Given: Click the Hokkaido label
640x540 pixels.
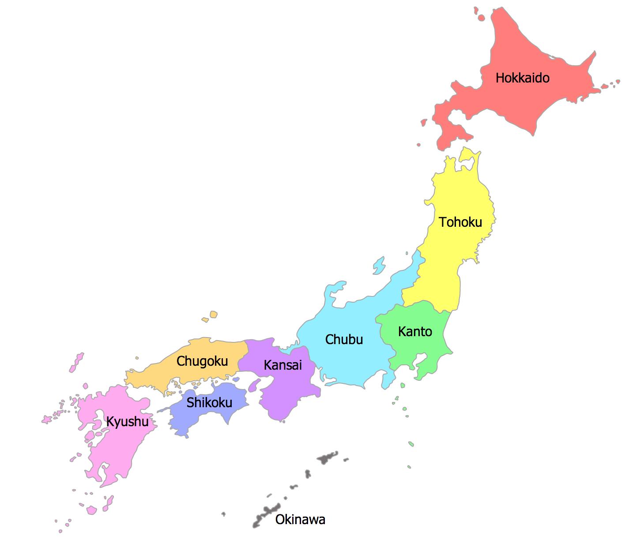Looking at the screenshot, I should [522, 78].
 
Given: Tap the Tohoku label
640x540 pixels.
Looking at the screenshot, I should [460, 222].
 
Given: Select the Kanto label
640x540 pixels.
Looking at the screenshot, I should [415, 331].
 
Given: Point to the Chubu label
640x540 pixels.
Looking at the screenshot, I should [344, 339].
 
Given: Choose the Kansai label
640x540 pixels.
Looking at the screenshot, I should [283, 365].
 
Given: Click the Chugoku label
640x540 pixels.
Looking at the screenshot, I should [202, 361].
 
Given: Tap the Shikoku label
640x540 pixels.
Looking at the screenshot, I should [209, 402].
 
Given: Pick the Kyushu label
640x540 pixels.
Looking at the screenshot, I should [127, 422].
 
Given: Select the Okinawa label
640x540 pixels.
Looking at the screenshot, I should [300, 520].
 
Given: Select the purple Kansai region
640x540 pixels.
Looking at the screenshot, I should [287, 393].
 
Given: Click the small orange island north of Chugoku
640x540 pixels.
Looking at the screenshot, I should [214, 315].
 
